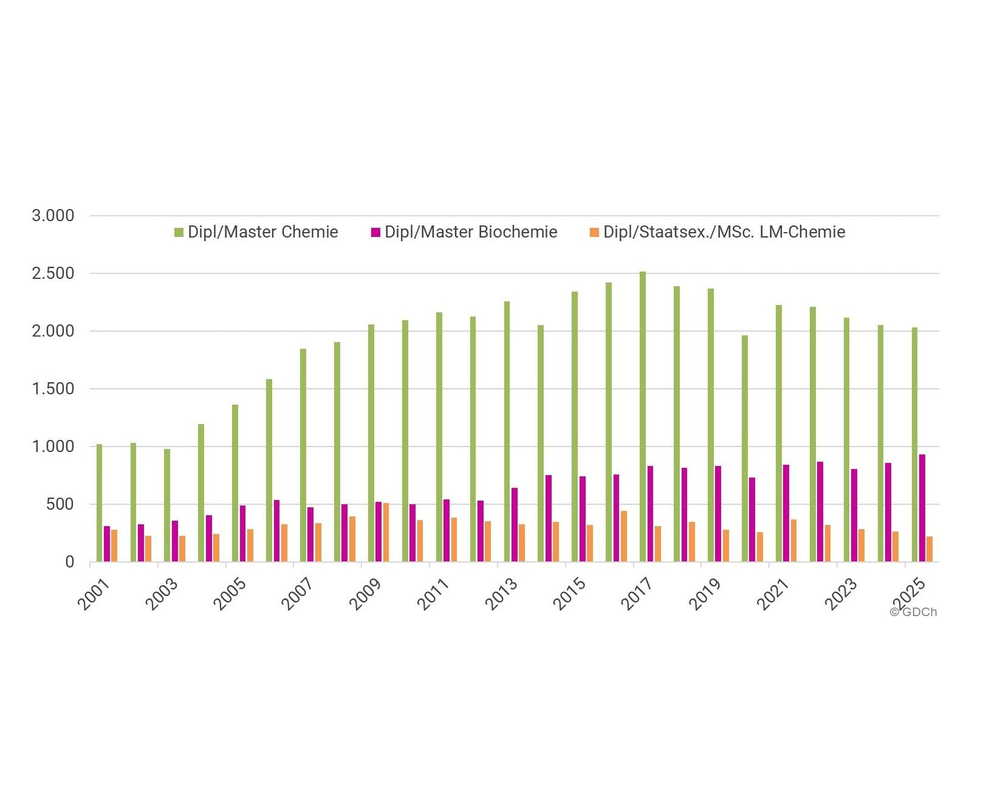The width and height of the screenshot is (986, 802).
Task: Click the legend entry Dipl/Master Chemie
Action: pyautogui.click(x=256, y=232)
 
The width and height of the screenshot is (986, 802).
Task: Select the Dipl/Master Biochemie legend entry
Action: pyautogui.click(x=464, y=232)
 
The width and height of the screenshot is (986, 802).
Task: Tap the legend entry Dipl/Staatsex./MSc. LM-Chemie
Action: pyautogui.click(x=717, y=232)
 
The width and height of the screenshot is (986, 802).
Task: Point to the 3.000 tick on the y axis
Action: pyautogui.click(x=53, y=216)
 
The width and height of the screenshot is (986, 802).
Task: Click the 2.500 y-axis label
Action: pyautogui.click(x=53, y=273)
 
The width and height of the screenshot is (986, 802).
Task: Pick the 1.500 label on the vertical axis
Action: pyautogui.click(x=53, y=389)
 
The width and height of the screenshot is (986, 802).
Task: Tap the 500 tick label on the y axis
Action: pyautogui.click(x=60, y=504)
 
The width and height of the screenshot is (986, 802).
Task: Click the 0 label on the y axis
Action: pyautogui.click(x=70, y=562)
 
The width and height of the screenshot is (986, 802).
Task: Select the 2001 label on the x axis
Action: pyautogui.click(x=94, y=594)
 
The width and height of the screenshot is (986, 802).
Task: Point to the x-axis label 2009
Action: pyautogui.click(x=366, y=594)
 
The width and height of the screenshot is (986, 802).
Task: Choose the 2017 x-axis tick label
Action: pyautogui.click(x=637, y=594)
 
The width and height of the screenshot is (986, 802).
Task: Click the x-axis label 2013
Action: pyautogui.click(x=501, y=594)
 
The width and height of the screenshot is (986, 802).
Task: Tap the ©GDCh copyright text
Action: pyautogui.click(x=913, y=612)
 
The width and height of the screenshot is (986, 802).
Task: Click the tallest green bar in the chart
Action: pyautogui.click(x=643, y=417)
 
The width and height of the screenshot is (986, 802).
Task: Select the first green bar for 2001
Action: pyautogui.click(x=99, y=503)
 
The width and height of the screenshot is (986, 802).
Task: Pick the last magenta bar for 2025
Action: pyautogui.click(x=922, y=508)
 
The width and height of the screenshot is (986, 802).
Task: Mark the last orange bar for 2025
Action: pyautogui.click(x=930, y=549)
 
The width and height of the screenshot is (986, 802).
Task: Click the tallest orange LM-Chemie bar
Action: pyautogui.click(x=386, y=533)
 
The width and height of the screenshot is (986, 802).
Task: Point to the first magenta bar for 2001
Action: pyautogui.click(x=106, y=544)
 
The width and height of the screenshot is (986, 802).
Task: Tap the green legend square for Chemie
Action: pyautogui.click(x=179, y=232)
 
